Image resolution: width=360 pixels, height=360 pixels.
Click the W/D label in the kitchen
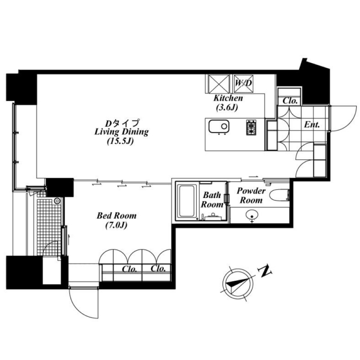coord(243,83)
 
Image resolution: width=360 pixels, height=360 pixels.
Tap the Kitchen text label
coord(228,98)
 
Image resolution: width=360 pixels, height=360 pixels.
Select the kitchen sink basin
coord(219,126)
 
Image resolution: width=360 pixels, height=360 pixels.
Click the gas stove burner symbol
coord(252,127)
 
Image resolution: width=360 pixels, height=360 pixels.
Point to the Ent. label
coord(312,125)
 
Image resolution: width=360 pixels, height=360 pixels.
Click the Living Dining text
coord(121,132)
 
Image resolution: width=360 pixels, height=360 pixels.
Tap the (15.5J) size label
coord(120,141)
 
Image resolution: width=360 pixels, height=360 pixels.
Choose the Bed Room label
coord(117,216)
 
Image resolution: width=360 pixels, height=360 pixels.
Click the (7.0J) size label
coord(116,225)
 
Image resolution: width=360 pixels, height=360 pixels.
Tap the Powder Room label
coord(251,195)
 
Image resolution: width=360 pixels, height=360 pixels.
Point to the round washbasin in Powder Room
coord(252,216)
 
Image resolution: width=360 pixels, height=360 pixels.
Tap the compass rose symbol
coord(238,284)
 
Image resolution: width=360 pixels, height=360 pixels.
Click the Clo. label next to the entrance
coord(290,100)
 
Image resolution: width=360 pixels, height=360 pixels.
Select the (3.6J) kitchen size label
coord(227,107)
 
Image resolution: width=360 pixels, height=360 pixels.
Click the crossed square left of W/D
coord(219,84)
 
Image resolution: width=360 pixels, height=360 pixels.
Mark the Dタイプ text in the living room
coord(122,123)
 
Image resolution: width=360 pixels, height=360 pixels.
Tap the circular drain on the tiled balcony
coord(57,201)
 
